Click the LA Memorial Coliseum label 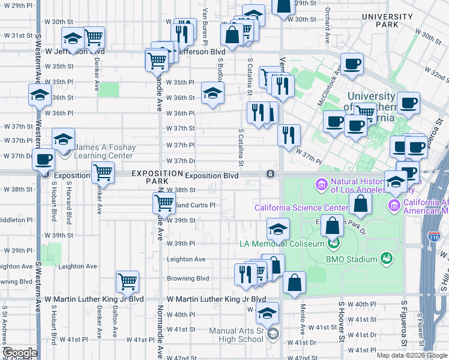point(281,243)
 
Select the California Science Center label point(301,208)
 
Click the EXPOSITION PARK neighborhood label point(156,176)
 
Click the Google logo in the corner point(20,353)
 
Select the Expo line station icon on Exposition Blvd point(271,175)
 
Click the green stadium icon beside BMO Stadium point(387,259)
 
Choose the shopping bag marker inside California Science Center point(360,204)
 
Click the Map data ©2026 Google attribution point(411,355)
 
